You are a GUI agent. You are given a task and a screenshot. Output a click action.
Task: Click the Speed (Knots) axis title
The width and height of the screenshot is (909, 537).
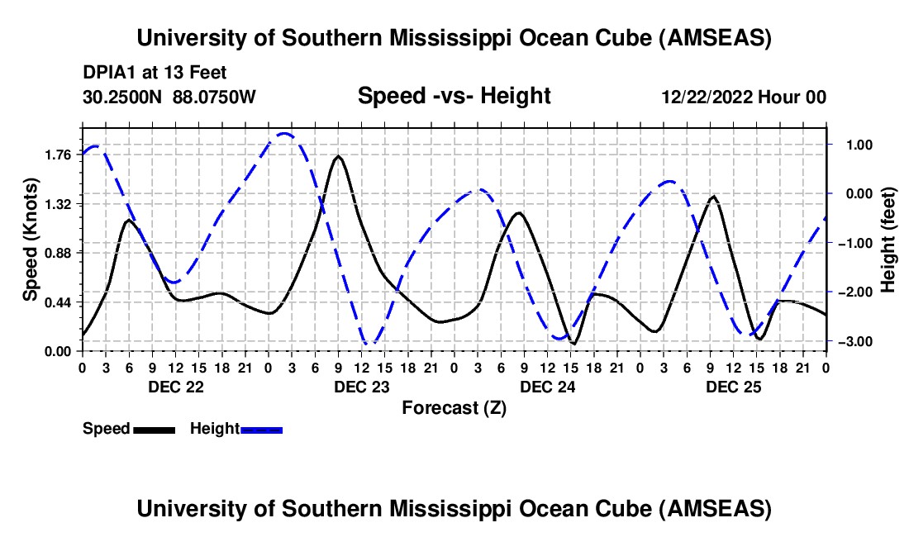point(31,240)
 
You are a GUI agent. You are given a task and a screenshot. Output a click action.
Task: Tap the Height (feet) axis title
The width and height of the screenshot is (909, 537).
point(888,240)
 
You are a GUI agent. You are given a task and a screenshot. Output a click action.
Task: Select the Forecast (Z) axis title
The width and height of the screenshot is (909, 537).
point(454,407)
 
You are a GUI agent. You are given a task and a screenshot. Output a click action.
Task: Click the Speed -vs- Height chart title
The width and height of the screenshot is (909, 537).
point(454,97)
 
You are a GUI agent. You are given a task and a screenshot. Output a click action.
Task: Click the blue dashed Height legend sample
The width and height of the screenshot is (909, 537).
point(261,430)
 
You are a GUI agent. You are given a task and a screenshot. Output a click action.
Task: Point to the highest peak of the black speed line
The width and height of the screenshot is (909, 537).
point(339,156)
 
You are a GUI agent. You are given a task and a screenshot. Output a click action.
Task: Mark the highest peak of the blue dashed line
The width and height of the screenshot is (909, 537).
point(284,133)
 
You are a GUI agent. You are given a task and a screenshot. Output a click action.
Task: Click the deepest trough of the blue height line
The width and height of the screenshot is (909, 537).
point(372,343)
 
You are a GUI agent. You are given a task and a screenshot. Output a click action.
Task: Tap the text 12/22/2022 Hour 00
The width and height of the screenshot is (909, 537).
point(744,97)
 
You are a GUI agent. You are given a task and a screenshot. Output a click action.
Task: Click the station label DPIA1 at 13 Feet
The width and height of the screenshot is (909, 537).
point(155,74)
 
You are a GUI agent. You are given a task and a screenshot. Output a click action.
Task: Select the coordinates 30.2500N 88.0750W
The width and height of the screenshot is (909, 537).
point(169,97)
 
